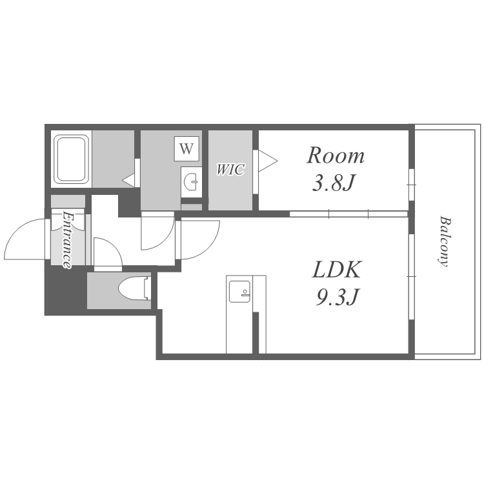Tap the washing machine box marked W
coord(187,149)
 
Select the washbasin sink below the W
coord(192,181)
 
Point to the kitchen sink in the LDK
coord(239,291)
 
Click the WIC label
coord(230,170)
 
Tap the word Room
coord(335,156)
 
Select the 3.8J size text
coord(334,183)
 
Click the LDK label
coord(336,270)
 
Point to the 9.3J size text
coord(336,297)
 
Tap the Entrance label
coord(68,239)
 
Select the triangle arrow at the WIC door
coord(268,161)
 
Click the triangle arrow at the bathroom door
coord(129,180)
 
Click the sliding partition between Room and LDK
coord(348,214)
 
